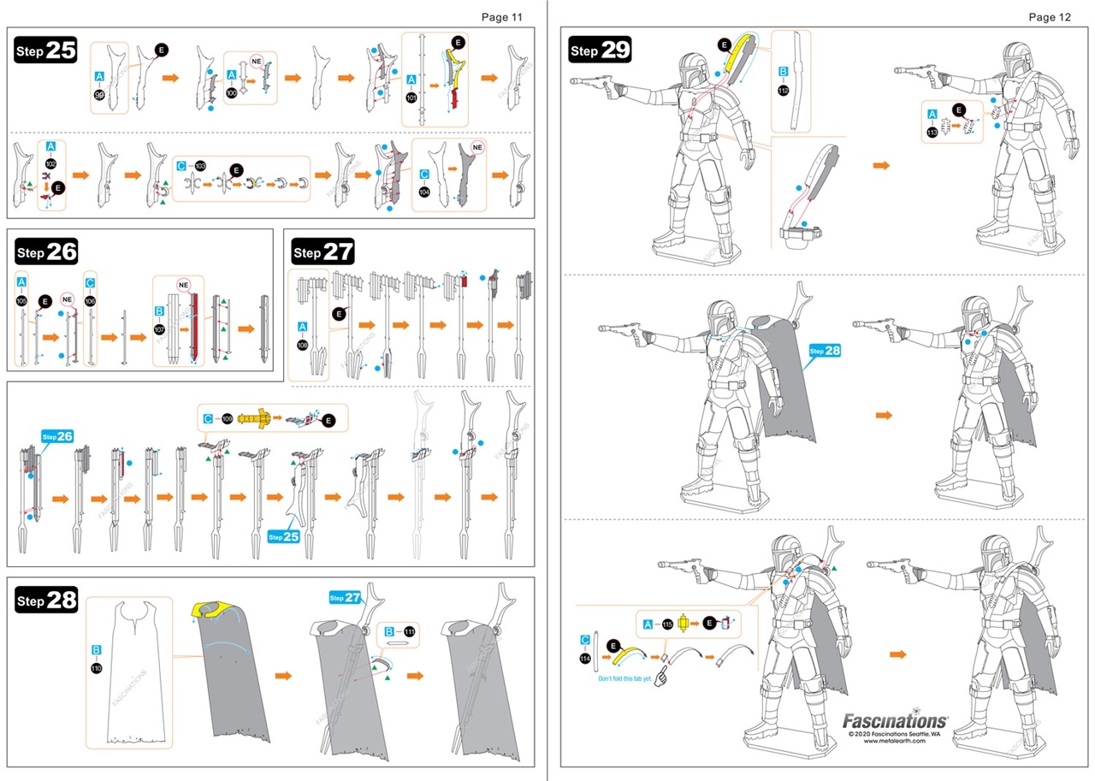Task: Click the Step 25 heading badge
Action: pos(46,50)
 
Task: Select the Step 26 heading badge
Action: pos(46,252)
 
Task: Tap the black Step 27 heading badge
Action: pos(323,252)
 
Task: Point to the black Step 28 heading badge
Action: pos(46,601)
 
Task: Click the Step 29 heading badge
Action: pos(600,50)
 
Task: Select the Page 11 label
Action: pos(501,16)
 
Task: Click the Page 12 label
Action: pos(1049,16)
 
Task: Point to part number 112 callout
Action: pos(783,90)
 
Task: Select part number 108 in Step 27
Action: pos(302,346)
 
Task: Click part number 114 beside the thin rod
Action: pos(584,659)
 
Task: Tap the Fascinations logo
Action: pos(895,721)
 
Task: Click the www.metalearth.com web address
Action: pos(895,741)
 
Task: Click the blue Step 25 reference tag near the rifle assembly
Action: pos(283,536)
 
